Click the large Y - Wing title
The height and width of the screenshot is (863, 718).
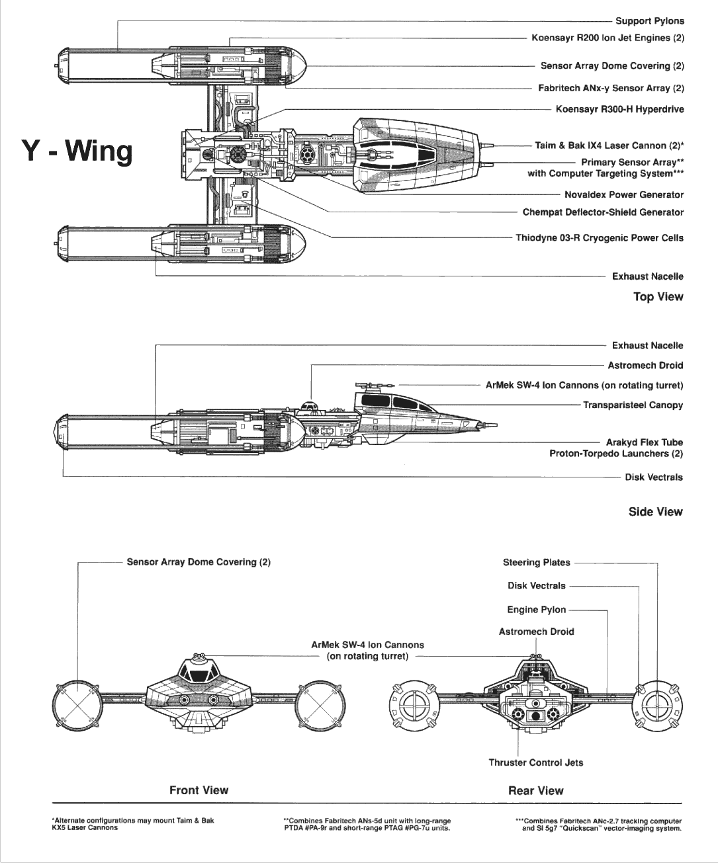click(x=77, y=151)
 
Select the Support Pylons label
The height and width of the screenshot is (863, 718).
click(x=649, y=21)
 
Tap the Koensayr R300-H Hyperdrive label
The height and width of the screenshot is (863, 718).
click(x=619, y=109)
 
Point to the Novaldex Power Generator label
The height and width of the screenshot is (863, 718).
click(x=623, y=194)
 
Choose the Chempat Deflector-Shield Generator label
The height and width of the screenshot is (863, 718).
click(x=602, y=212)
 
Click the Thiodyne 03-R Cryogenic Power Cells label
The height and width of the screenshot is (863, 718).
click(x=600, y=237)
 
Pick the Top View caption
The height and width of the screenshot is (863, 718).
click(x=658, y=296)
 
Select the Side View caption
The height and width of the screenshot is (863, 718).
click(x=655, y=511)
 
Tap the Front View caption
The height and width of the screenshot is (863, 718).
click(x=199, y=790)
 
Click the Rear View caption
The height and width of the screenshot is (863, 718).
click(x=535, y=790)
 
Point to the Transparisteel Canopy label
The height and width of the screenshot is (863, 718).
click(x=632, y=405)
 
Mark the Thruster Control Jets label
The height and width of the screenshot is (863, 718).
click(x=535, y=762)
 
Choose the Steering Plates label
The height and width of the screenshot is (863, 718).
click(x=536, y=562)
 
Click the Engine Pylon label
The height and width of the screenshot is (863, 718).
click(x=536, y=610)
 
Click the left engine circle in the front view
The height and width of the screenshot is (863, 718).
click(x=77, y=705)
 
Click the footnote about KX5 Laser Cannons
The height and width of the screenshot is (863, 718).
click(x=132, y=823)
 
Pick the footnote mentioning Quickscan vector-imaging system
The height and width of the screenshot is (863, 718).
click(x=598, y=824)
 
